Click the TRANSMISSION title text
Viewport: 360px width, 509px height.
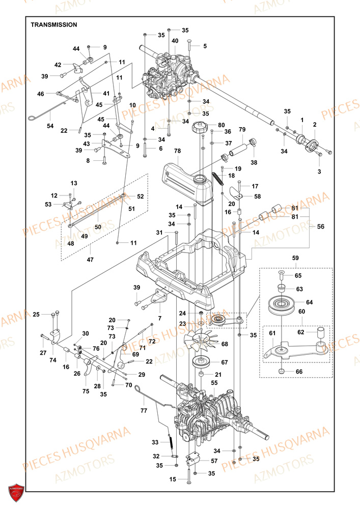coord(53,24)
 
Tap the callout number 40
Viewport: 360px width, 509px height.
coord(175,41)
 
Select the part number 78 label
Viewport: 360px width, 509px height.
coord(177,151)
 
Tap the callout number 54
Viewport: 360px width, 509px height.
coord(50,125)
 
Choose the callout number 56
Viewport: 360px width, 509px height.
coord(321,226)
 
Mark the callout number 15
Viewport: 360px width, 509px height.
coord(173,479)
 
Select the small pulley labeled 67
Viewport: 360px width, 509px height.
coord(203,363)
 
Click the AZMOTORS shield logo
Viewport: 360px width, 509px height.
coord(17,492)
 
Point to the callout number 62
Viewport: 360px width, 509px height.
coord(301,332)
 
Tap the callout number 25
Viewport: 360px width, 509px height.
coord(36,315)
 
